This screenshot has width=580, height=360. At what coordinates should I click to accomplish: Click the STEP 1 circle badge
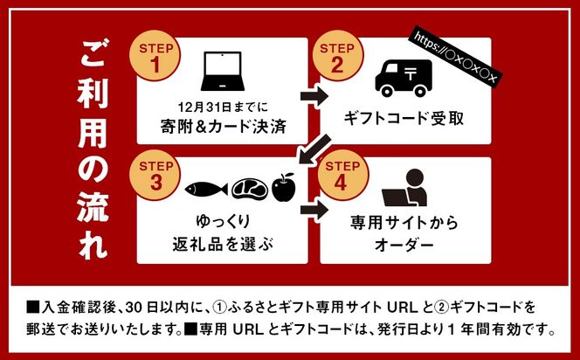[155, 58]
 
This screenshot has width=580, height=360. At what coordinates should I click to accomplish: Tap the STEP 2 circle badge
[339, 58]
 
